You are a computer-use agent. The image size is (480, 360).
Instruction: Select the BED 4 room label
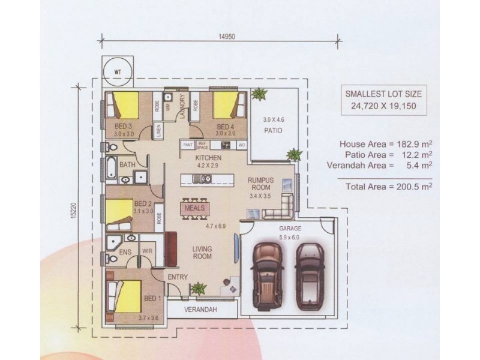(225, 127)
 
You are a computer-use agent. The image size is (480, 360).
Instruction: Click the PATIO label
(274, 128)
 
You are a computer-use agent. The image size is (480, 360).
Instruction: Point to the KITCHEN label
(209, 158)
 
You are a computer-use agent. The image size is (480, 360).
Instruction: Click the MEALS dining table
(195, 209)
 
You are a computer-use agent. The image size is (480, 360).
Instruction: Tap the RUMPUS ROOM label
(262, 183)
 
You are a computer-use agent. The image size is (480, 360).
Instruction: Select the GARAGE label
(290, 229)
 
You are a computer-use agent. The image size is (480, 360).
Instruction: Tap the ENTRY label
(178, 277)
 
